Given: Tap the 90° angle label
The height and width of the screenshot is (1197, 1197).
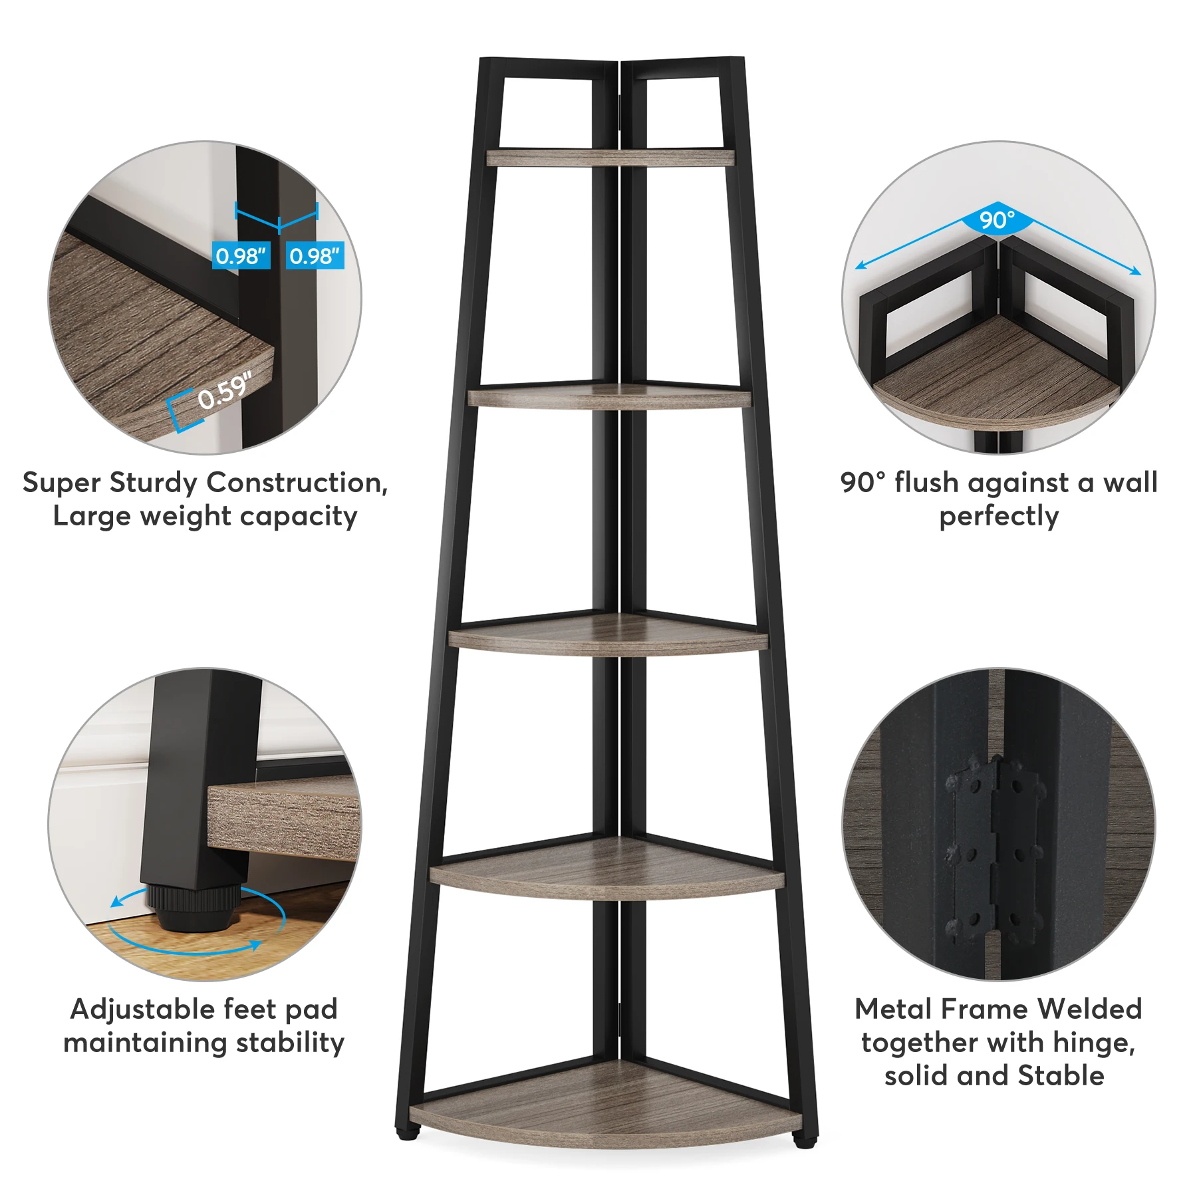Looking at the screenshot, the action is pos(997,219).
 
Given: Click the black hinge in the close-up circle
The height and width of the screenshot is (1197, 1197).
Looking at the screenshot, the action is pos(995,851).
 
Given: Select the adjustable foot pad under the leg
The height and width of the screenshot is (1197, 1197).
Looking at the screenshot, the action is pos(192,908).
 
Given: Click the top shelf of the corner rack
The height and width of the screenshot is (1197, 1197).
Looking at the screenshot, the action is pos(610,158).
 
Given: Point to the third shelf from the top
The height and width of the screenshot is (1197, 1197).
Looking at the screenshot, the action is pos(608,635).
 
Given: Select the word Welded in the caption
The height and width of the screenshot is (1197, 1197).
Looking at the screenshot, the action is pos(1090,1009).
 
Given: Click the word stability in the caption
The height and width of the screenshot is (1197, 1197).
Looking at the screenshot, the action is pos(290,1043).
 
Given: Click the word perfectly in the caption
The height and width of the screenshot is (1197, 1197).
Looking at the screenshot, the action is pos(999,517).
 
